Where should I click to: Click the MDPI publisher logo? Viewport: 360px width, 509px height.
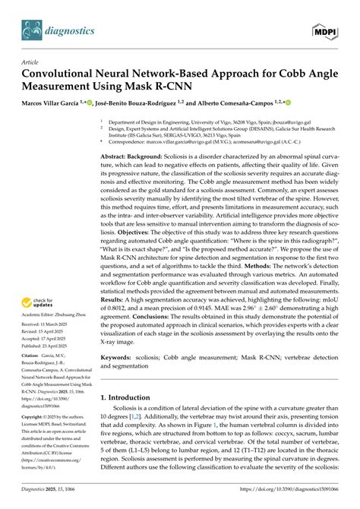tap(327, 31)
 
